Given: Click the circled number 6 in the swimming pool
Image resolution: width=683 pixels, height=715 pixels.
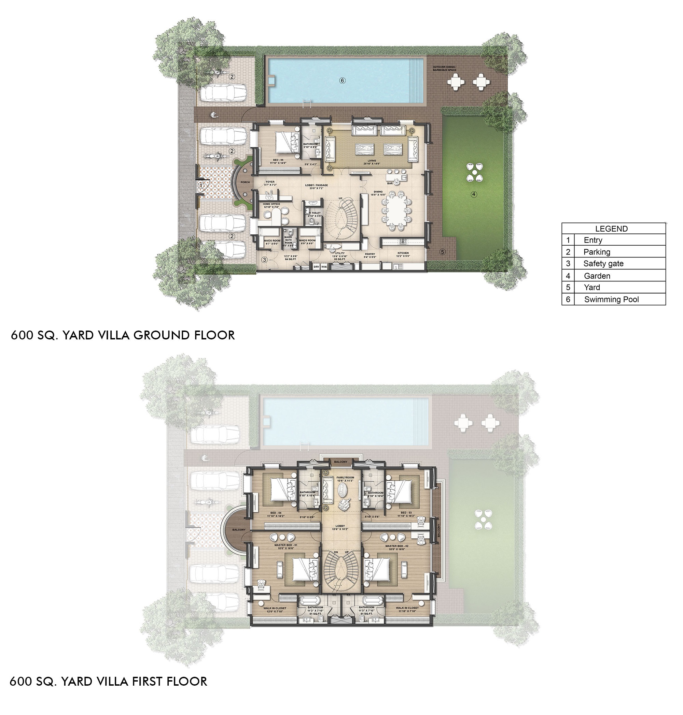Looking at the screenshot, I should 342,81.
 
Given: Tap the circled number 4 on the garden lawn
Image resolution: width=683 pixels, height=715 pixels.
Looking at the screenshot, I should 474,194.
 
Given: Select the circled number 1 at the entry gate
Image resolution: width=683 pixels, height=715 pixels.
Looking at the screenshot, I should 201,185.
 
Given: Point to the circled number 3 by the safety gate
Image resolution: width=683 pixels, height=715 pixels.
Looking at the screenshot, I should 265,260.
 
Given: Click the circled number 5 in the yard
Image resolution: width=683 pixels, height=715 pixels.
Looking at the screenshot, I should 442,252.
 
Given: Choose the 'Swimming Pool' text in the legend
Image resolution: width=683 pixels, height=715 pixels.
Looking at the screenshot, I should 611,299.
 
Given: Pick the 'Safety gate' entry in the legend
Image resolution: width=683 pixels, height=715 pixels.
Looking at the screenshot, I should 603,264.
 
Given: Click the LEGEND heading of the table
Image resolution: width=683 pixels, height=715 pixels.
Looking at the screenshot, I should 611,229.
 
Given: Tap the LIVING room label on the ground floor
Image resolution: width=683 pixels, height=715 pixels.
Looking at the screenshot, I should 372,160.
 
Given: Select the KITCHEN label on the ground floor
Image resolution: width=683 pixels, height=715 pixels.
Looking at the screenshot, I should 403,253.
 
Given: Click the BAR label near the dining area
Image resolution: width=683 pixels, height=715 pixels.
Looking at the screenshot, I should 390,183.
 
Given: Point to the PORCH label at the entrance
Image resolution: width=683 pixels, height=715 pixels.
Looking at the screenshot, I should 245,182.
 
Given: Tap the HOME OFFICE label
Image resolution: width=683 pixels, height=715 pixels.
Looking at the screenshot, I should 271,204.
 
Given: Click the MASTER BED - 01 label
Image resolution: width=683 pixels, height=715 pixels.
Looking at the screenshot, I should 286,545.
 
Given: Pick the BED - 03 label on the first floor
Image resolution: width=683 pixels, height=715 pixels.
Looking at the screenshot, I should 406,512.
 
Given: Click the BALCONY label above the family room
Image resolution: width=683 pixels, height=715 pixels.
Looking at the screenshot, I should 341,462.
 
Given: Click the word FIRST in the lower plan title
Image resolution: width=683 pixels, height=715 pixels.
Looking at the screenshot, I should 147,681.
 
